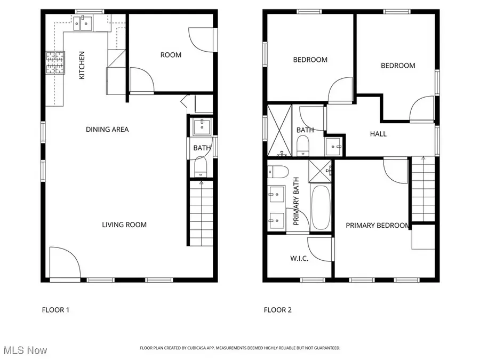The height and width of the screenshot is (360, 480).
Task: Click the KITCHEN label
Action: click(x=82, y=65)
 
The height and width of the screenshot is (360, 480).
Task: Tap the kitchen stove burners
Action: click(x=55, y=63)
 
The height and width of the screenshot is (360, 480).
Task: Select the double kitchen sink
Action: click(x=83, y=23)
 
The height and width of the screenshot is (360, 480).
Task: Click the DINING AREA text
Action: click(x=107, y=130)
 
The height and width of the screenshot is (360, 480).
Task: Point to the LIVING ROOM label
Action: click(x=124, y=225)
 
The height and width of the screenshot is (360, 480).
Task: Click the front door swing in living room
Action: click(x=65, y=262)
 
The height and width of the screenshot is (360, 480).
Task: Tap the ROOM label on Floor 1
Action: click(x=171, y=55)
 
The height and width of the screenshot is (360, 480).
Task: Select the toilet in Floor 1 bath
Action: click(x=201, y=169)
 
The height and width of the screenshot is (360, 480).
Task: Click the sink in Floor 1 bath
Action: click(x=202, y=127)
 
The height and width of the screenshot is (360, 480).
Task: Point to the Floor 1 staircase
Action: click(x=202, y=213)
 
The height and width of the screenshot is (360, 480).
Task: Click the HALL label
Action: click(x=378, y=134)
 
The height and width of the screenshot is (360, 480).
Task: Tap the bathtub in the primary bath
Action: click(x=321, y=207)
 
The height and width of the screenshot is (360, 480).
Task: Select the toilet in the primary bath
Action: click(x=278, y=172)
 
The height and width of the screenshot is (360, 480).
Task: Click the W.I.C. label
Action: click(x=299, y=258)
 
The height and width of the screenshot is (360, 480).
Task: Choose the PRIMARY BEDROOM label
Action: click(x=378, y=225)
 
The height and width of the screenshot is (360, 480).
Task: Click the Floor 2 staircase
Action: click(x=423, y=189)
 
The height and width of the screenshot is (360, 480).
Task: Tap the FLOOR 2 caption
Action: click(x=278, y=310)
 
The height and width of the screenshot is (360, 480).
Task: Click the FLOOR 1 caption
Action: click(x=55, y=310)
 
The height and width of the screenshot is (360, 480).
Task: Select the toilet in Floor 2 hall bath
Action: click(x=303, y=146)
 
